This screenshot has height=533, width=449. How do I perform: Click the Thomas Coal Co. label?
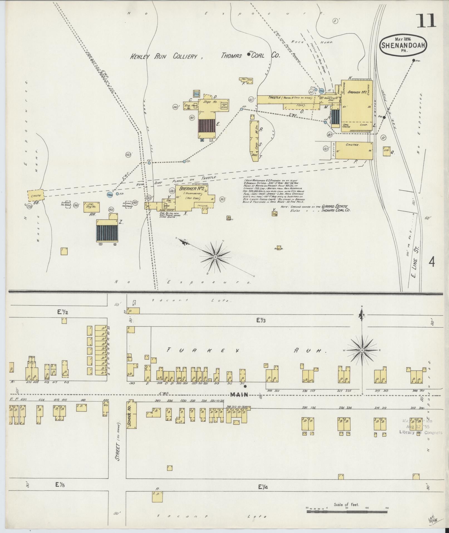click(251, 55)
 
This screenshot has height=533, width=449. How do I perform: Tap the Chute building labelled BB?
click(36, 196)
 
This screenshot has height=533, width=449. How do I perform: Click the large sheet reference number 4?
click(432, 262)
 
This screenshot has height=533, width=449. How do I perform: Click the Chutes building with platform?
click(354, 150)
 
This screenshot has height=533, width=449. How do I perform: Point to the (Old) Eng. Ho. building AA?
click(92, 207)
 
